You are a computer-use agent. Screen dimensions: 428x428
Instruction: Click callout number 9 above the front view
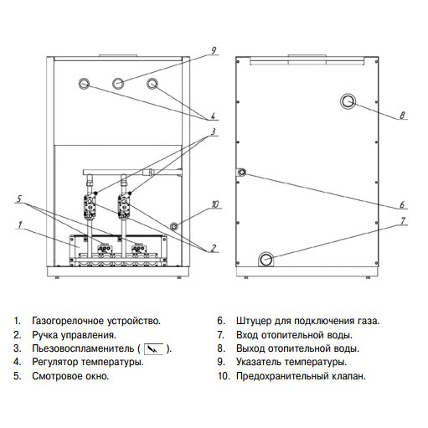(x=214, y=51)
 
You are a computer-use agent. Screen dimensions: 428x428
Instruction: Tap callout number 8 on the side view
(x=402, y=115)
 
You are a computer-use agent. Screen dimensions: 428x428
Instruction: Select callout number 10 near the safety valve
(x=214, y=204)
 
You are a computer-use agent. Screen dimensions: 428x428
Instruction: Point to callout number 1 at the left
(x=19, y=224)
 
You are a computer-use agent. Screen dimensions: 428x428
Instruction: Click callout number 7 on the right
(x=402, y=221)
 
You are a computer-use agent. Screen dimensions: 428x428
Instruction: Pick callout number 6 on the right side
(x=402, y=204)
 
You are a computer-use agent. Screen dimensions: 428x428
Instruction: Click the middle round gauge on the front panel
(x=118, y=83)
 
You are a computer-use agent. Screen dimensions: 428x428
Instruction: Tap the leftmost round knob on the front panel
(x=84, y=84)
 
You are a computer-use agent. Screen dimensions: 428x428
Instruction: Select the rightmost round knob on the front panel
(x=152, y=84)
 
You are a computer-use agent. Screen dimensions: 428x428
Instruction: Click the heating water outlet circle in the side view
(x=348, y=101)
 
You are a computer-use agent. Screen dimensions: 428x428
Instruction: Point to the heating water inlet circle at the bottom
(x=266, y=259)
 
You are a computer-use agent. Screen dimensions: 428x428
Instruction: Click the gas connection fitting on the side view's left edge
(x=242, y=172)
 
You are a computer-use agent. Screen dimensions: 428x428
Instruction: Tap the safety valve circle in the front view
(x=174, y=225)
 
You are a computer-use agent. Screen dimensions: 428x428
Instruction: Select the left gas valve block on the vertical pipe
(x=90, y=206)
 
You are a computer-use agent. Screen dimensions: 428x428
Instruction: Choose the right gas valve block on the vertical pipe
(x=125, y=206)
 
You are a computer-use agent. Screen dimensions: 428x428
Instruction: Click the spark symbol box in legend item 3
(x=153, y=349)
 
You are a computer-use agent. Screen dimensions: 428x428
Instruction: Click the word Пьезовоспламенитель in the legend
(x=83, y=348)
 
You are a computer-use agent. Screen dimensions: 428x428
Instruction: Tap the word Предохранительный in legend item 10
(x=282, y=376)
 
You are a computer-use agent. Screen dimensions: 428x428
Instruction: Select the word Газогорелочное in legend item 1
(x=68, y=321)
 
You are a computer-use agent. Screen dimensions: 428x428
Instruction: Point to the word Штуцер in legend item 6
(x=254, y=321)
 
